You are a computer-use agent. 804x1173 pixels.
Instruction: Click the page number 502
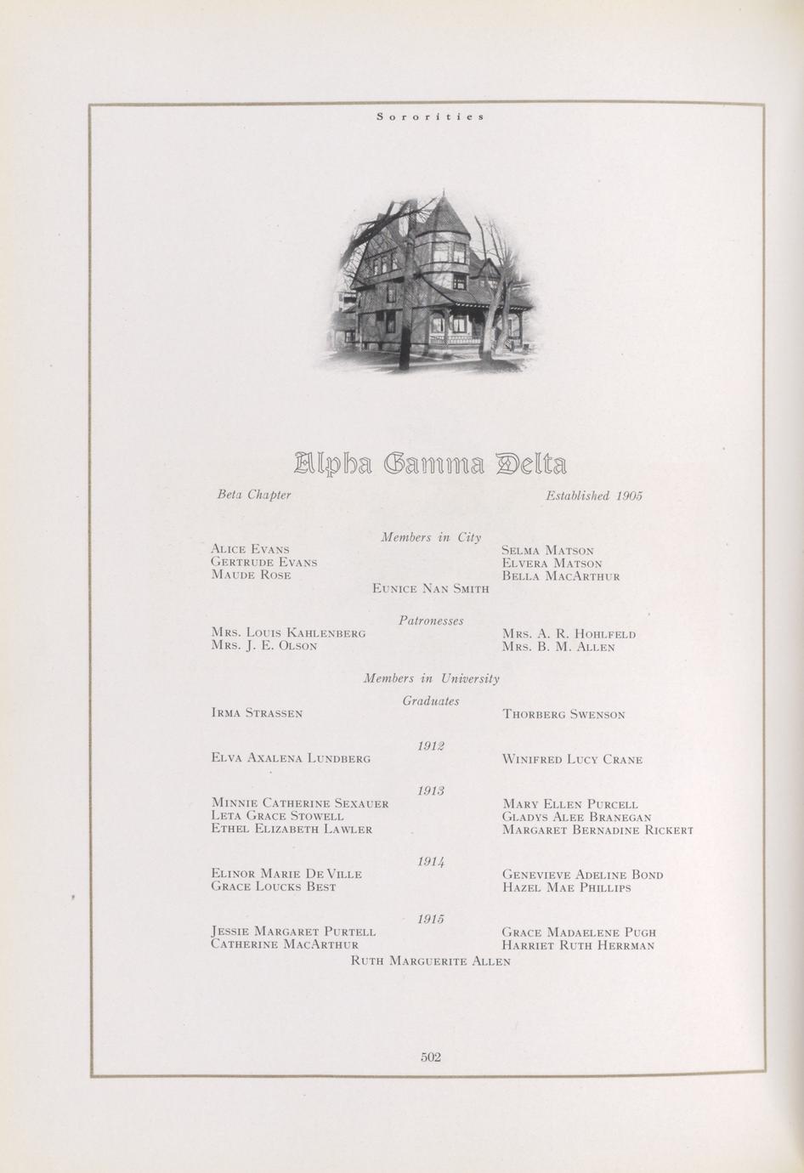pyautogui.click(x=431, y=1057)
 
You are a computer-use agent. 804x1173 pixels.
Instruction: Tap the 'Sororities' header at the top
pyautogui.click(x=431, y=116)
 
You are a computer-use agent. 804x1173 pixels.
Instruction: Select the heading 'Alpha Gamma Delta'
pyautogui.click(x=430, y=464)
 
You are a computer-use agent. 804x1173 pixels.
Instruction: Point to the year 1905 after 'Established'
pyautogui.click(x=629, y=495)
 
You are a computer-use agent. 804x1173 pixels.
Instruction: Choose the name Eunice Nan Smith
pyautogui.click(x=431, y=588)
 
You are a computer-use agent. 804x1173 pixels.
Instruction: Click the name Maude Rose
pyautogui.click(x=251, y=575)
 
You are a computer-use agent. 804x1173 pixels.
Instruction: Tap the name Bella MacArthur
pyautogui.click(x=561, y=576)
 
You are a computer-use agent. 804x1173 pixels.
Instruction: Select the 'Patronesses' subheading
pyautogui.click(x=431, y=620)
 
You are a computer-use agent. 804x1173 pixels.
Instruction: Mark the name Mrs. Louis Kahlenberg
pyautogui.click(x=288, y=633)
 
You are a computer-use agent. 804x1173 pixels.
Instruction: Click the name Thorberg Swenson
pyautogui.click(x=563, y=715)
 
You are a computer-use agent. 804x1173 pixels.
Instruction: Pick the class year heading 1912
pyautogui.click(x=431, y=745)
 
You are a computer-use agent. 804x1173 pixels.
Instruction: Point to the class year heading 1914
pyautogui.click(x=431, y=861)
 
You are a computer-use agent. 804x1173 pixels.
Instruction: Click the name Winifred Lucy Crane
pyautogui.click(x=572, y=760)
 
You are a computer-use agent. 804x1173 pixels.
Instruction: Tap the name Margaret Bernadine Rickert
pyautogui.click(x=597, y=830)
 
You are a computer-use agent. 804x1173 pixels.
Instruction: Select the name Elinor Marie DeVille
pyautogui.click(x=286, y=874)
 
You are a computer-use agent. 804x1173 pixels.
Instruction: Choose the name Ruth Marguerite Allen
pyautogui.click(x=431, y=961)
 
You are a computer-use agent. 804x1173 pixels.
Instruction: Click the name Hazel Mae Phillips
pyautogui.click(x=566, y=888)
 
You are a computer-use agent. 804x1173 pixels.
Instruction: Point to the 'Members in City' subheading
pyautogui.click(x=431, y=537)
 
